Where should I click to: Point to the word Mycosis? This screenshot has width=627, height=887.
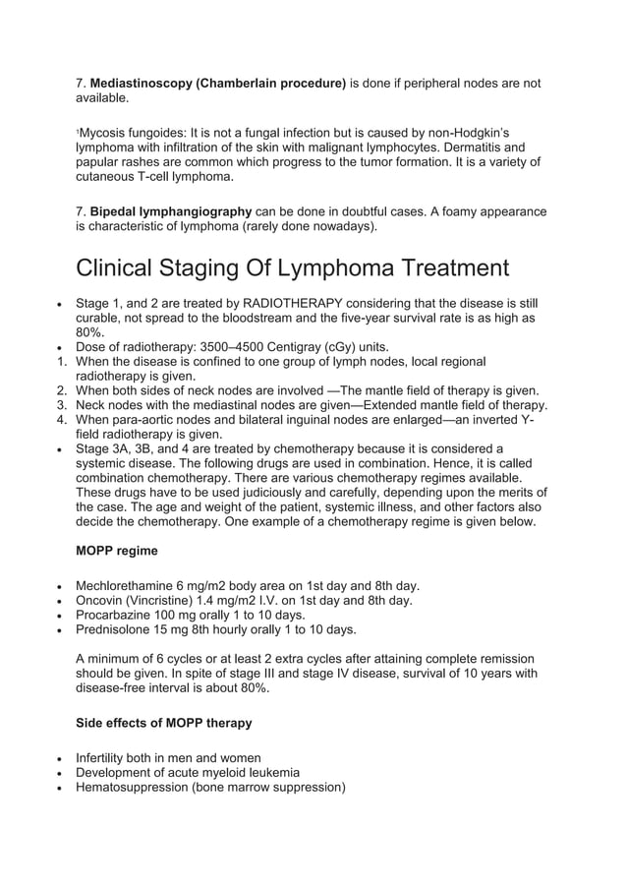104,132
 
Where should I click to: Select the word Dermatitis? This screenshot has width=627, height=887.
454,147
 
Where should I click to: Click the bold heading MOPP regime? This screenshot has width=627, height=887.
117,551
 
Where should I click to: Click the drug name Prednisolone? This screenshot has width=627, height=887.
116,629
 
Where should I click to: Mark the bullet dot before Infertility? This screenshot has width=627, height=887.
63,758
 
